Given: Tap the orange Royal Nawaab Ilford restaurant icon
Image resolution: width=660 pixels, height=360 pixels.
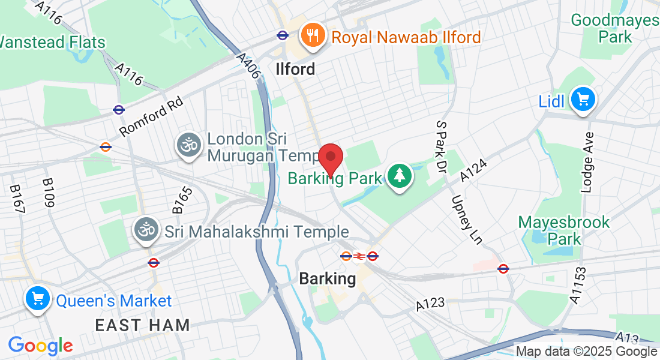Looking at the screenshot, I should click(312, 36).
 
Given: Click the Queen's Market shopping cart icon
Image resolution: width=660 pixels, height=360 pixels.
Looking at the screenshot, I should click(37, 299).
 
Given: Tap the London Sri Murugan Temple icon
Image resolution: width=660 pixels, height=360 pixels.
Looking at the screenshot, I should click(188, 146).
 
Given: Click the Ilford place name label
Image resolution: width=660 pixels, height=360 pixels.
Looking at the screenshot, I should click(295, 69).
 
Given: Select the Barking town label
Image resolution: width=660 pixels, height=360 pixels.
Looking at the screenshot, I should click(327, 278).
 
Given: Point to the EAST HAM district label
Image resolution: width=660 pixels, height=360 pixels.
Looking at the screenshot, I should click(142, 326).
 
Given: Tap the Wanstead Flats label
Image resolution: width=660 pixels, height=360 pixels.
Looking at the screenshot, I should click(53, 42).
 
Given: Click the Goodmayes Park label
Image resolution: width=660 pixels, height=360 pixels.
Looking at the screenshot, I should click(614, 28).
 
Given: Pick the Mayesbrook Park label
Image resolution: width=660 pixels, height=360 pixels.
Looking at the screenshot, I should click(563, 230).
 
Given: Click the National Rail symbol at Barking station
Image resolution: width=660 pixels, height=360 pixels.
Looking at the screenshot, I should click(359, 256).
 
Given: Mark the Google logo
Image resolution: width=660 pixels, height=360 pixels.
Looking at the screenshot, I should click(40, 346).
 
